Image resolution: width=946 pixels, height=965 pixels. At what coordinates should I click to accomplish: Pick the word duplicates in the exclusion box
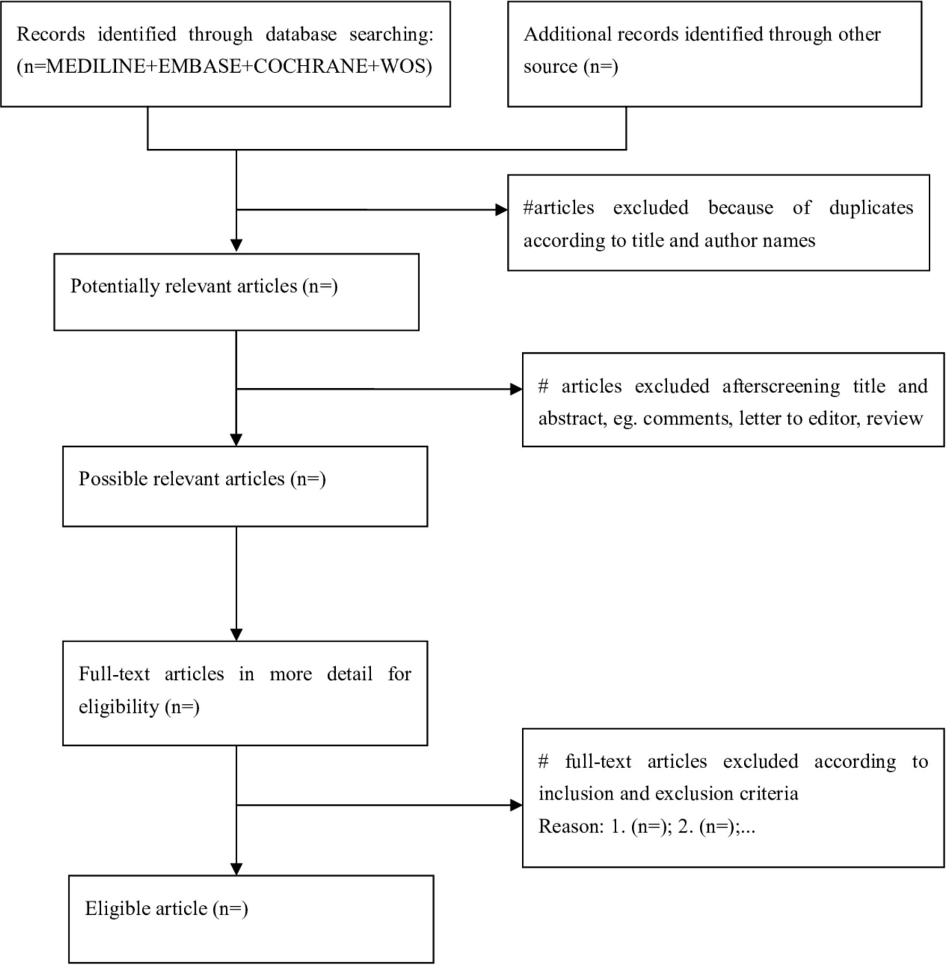pos(871,208)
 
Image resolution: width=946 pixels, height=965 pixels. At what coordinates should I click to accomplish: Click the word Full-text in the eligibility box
pos(114,674)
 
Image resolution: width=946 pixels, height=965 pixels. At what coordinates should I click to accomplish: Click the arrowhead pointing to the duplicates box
pos(501,210)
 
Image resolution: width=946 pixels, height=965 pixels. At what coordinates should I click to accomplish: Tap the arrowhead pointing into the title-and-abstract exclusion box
pos(516,389)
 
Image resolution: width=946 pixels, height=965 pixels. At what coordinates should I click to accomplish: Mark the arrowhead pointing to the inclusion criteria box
pos(516,805)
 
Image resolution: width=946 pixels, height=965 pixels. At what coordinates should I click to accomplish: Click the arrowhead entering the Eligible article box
pos(236,869)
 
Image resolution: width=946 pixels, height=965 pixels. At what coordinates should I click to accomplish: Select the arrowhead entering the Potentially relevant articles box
pos(236,246)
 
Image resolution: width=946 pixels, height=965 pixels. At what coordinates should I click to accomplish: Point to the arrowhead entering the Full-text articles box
pos(236,635)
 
